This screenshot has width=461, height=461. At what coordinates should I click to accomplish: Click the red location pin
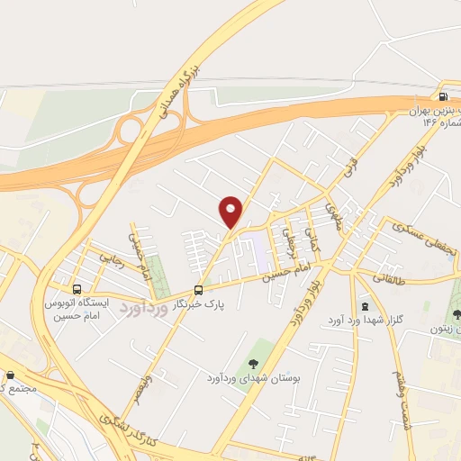[x=231, y=212]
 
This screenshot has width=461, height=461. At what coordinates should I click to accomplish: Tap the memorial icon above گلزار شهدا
[x=365, y=305]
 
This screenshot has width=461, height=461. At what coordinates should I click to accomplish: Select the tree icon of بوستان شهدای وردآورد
[x=253, y=363]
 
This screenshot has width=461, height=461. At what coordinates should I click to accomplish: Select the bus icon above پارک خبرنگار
[x=198, y=290]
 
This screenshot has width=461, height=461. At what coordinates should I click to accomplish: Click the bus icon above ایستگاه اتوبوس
[x=77, y=290]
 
